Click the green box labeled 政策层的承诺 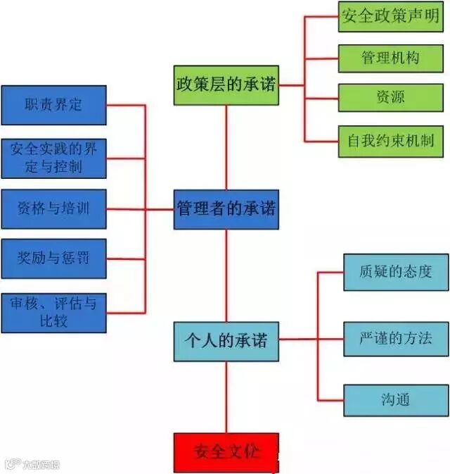tap(226, 85)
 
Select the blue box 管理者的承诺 tap(226, 209)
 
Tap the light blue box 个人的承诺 tap(226, 341)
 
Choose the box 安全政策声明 tap(390, 16)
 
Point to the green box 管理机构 tap(390, 58)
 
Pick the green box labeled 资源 tap(390, 97)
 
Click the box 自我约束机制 tap(390, 139)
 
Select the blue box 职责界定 tap(53, 105)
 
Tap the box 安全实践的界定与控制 tap(53, 158)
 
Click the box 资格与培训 tap(53, 208)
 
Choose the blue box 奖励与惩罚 tap(53, 258)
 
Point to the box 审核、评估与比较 tap(53, 313)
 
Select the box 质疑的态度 tap(395, 272)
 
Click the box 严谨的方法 tap(395, 337)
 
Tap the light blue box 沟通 tap(395, 400)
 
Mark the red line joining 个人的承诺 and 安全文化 tap(226, 397)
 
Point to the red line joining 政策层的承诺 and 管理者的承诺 tap(226, 147)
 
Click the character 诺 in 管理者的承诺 tap(268, 209)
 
